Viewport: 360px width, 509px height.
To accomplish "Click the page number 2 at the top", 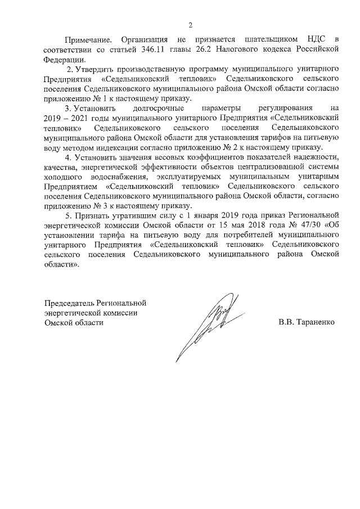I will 191,25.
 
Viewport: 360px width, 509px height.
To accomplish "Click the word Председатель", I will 69,303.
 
